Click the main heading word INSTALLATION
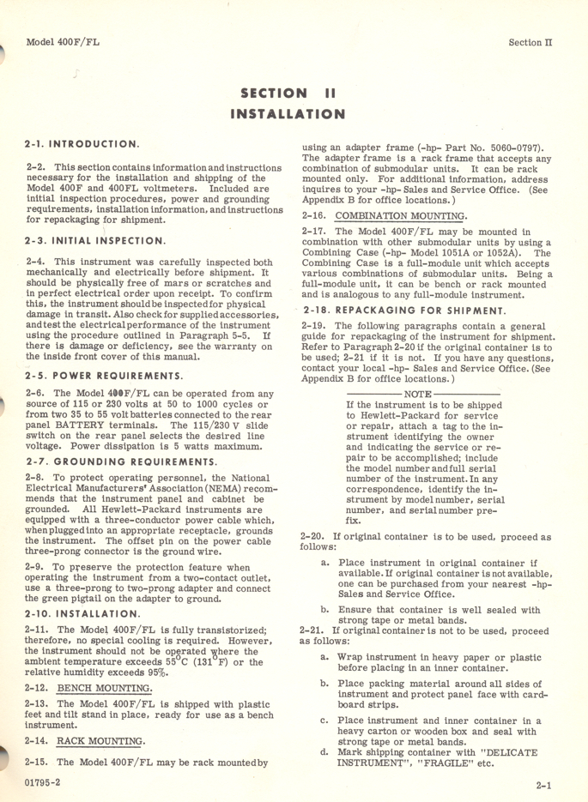coord(288,113)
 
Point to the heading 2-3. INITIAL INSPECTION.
coord(96,241)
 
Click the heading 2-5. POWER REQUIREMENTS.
coord(104,376)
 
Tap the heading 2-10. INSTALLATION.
coord(83,614)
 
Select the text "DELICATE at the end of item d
coord(512,752)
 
